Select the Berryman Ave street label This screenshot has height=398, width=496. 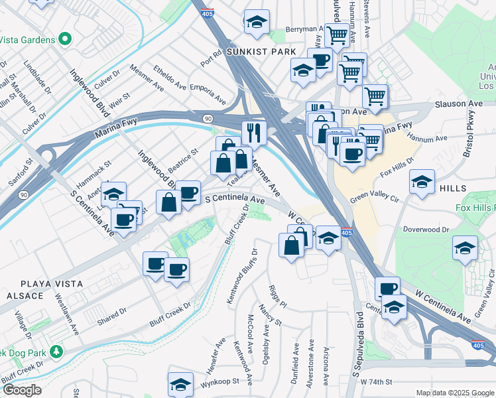point(304,29)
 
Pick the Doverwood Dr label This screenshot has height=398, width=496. point(426,229)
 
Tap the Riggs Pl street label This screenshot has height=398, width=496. point(277,295)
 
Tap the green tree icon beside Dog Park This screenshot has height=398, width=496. point(58,350)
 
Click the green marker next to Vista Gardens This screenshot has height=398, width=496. point(64,39)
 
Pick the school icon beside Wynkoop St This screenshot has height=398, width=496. point(180,384)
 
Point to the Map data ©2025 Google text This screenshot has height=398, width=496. point(454,393)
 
